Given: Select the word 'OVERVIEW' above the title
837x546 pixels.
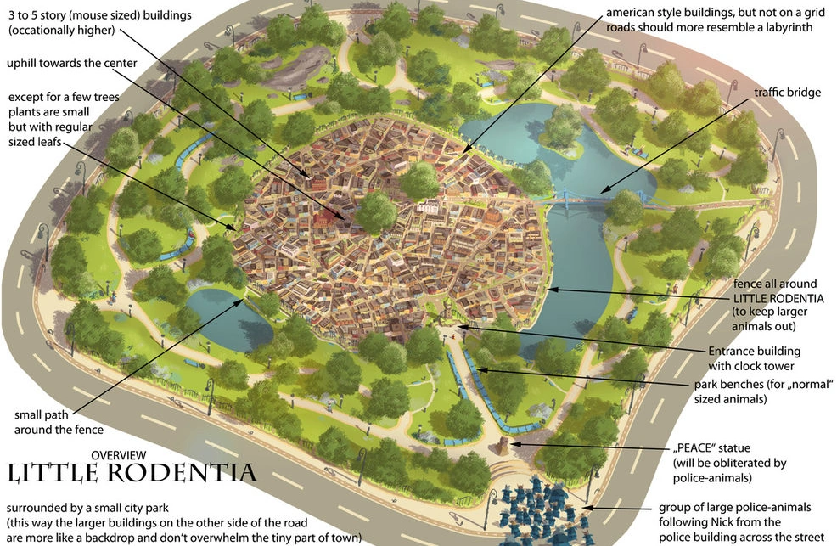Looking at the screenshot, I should tap(118, 455).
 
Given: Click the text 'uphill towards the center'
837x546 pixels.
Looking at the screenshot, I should tap(72, 64).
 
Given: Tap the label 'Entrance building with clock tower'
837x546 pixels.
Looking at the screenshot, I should tap(755, 358).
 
